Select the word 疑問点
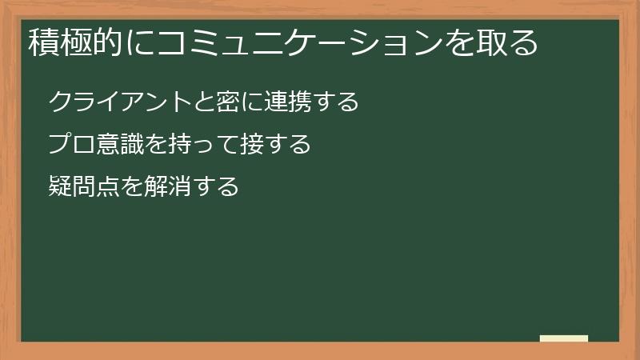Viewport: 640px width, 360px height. pyautogui.click(x=83, y=187)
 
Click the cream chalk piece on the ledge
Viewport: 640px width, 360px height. pyautogui.click(x=564, y=338)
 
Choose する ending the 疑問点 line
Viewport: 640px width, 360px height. pyautogui.click(x=215, y=187)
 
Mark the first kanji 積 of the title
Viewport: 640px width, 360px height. pyautogui.click(x=43, y=42)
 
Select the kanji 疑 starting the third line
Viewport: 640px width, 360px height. pyautogui.click(x=60, y=187)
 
